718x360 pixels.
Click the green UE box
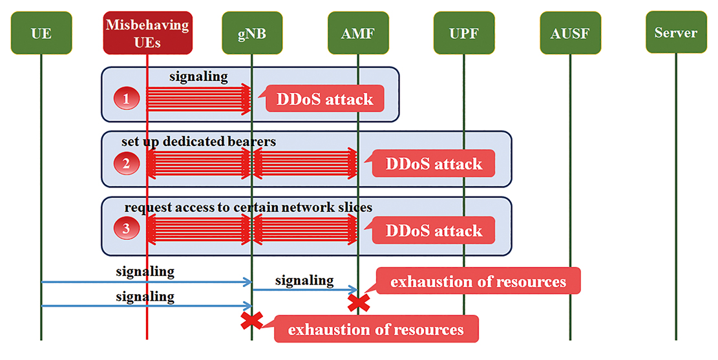point(41,32)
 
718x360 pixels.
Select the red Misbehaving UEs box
point(147,32)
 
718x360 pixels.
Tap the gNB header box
point(252,32)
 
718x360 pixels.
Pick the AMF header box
point(358,32)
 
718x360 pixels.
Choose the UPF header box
point(464,32)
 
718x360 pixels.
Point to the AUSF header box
point(570,32)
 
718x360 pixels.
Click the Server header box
point(676,32)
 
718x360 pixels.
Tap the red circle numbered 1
point(127,98)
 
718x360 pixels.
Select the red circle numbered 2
point(127,163)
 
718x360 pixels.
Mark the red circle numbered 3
point(127,228)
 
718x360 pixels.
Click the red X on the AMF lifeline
point(359,302)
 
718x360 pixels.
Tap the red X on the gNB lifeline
point(252,321)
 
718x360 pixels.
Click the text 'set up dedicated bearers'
point(198,142)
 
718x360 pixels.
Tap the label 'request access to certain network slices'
point(248,207)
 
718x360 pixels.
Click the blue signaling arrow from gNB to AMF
point(305,290)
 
